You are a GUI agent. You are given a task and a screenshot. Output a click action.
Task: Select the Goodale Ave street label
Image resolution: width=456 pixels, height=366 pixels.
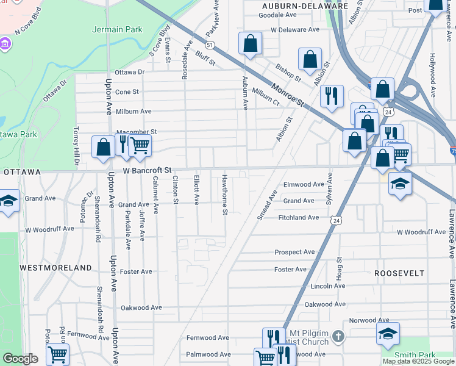277,15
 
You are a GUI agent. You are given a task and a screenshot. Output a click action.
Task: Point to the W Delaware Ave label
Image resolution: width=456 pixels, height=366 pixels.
296,29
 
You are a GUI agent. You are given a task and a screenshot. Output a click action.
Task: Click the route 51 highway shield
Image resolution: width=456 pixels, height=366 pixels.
210,45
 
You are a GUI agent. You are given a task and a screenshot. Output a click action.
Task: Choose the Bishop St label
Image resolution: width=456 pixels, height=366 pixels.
288,73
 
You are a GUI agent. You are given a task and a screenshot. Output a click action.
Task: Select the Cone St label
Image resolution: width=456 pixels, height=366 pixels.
127,92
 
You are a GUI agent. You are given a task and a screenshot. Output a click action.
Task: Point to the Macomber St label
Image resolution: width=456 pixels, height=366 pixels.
137,132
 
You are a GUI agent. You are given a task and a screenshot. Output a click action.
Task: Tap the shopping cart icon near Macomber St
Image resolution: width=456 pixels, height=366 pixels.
140,145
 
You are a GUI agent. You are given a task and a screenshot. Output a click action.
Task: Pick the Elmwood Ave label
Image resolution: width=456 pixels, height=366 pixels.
304,184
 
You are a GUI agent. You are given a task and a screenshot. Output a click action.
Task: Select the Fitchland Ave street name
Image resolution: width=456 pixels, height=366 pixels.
299,217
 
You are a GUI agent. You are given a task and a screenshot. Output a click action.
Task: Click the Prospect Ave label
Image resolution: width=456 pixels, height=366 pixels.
294,252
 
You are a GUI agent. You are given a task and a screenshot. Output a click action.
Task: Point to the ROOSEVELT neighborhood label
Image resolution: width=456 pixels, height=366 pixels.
399,273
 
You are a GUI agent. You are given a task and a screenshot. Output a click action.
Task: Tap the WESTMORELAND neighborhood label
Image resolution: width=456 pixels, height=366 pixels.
55,268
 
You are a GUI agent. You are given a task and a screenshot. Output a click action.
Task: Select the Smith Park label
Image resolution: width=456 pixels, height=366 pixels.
415,355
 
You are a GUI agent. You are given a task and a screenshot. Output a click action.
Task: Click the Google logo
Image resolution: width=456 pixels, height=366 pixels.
20,359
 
